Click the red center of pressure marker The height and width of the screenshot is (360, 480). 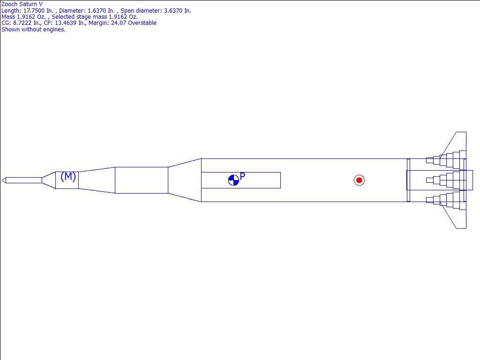tap(359, 180)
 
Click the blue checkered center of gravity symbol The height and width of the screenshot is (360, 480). tap(233, 180)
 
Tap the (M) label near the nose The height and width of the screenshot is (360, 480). tap(68, 177)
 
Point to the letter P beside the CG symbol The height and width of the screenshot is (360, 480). tap(242, 176)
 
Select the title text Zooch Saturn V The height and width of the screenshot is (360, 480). tap(22, 4)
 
